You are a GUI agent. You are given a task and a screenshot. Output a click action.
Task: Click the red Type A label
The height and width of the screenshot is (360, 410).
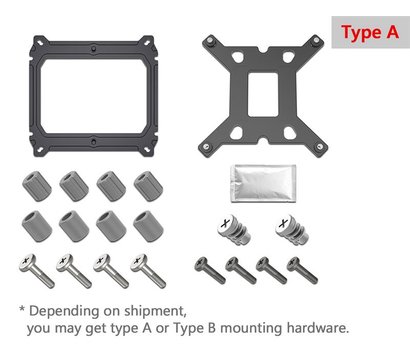click(370, 32)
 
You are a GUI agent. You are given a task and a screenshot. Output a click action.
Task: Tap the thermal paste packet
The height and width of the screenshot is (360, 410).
click(263, 183)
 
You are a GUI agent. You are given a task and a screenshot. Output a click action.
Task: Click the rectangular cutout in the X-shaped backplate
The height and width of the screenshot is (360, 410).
click(263, 95)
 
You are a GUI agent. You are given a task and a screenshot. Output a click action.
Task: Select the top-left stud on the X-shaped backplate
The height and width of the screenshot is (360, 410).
click(210, 41)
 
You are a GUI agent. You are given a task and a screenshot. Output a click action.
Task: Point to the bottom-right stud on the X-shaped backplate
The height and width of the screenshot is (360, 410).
click(319, 146)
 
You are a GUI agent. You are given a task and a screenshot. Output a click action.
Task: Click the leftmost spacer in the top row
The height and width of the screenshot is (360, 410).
click(37, 186)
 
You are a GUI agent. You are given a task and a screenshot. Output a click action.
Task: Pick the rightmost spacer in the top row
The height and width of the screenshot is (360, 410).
click(148, 186)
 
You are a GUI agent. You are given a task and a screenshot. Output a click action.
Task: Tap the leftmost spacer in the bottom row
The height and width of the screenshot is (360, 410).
click(37, 226)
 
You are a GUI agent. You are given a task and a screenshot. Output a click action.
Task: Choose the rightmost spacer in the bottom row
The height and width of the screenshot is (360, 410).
click(148, 226)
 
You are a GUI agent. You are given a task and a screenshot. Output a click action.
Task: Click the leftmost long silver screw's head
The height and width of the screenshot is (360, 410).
click(27, 262)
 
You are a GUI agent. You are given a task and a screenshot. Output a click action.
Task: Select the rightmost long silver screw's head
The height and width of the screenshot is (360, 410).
click(138, 262)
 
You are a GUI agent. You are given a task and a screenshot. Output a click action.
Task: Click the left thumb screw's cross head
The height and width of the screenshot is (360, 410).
click(226, 223)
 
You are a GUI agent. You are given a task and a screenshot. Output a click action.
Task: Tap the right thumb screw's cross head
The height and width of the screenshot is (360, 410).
click(284, 223)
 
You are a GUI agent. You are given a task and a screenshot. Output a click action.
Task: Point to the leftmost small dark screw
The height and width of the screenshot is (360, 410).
click(210, 270)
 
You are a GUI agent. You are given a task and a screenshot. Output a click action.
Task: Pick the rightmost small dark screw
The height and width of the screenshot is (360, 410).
click(302, 270)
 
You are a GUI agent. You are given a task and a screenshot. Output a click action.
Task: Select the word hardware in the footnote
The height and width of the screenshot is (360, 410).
click(318, 328)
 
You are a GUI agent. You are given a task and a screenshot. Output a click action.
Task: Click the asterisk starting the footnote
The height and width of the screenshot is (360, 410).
click(22, 309)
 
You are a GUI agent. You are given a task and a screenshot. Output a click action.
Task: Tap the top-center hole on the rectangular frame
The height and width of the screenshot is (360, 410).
click(94, 47)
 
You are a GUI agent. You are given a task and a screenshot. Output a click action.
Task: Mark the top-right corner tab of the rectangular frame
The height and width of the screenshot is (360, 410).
click(147, 41)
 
